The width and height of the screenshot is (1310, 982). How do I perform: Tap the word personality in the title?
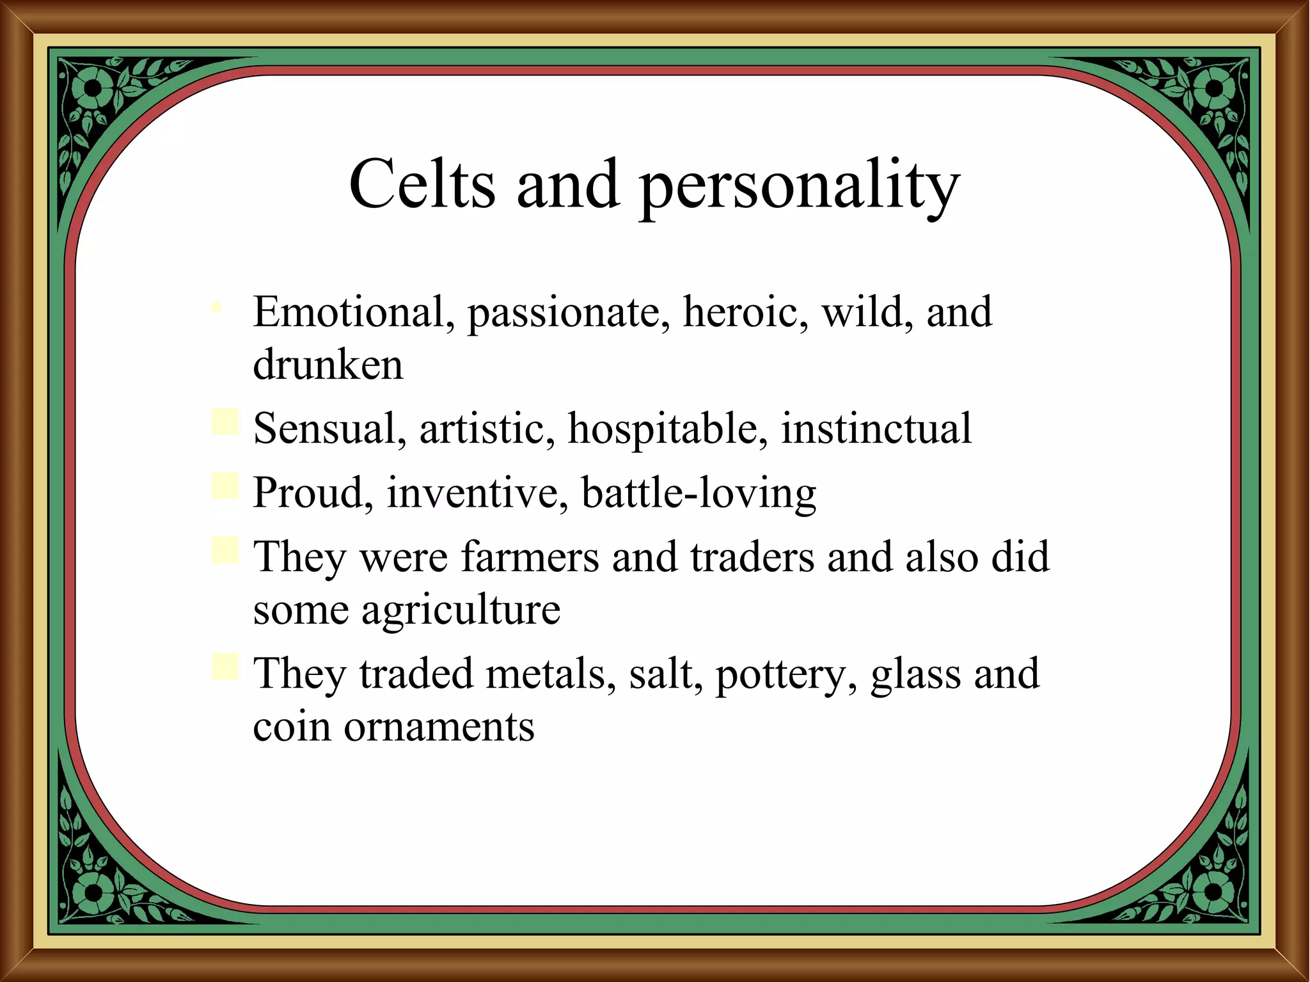pos(800,187)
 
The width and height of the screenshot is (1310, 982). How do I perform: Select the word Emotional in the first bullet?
pos(349,312)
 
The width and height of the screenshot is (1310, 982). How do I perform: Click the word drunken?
pos(328,365)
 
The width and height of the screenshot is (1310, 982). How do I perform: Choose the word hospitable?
pos(668,429)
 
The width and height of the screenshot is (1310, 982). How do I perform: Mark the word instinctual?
pos(876,428)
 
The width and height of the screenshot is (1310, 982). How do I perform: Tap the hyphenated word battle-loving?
pos(698,493)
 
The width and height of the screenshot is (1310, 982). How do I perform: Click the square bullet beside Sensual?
pos(225,422)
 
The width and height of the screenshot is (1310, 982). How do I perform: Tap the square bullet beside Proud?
pos(225,486)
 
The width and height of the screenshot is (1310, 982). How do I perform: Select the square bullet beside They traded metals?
pos(225,667)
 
